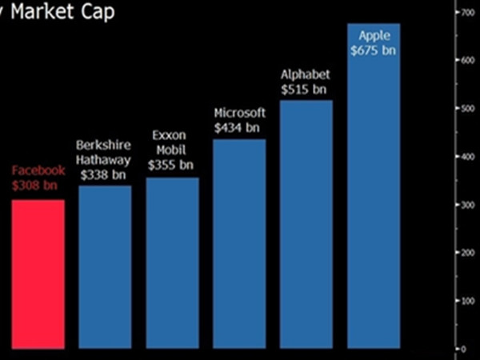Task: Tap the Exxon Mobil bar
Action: tap(172, 264)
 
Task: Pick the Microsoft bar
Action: tap(239, 244)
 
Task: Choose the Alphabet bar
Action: tap(306, 225)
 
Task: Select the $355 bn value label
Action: tap(171, 165)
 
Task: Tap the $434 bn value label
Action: tap(238, 127)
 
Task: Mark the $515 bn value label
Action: tap(304, 89)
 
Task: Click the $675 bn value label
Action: tap(374, 50)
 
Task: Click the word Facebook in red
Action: tap(37, 170)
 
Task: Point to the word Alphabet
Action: tap(305, 74)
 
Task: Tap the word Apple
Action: tap(374, 35)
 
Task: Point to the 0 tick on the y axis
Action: tap(462, 350)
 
